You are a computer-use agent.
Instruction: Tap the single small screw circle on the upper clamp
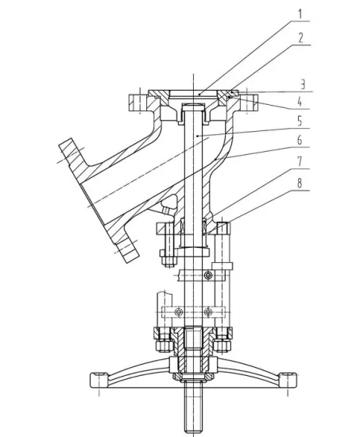point(207,276)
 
